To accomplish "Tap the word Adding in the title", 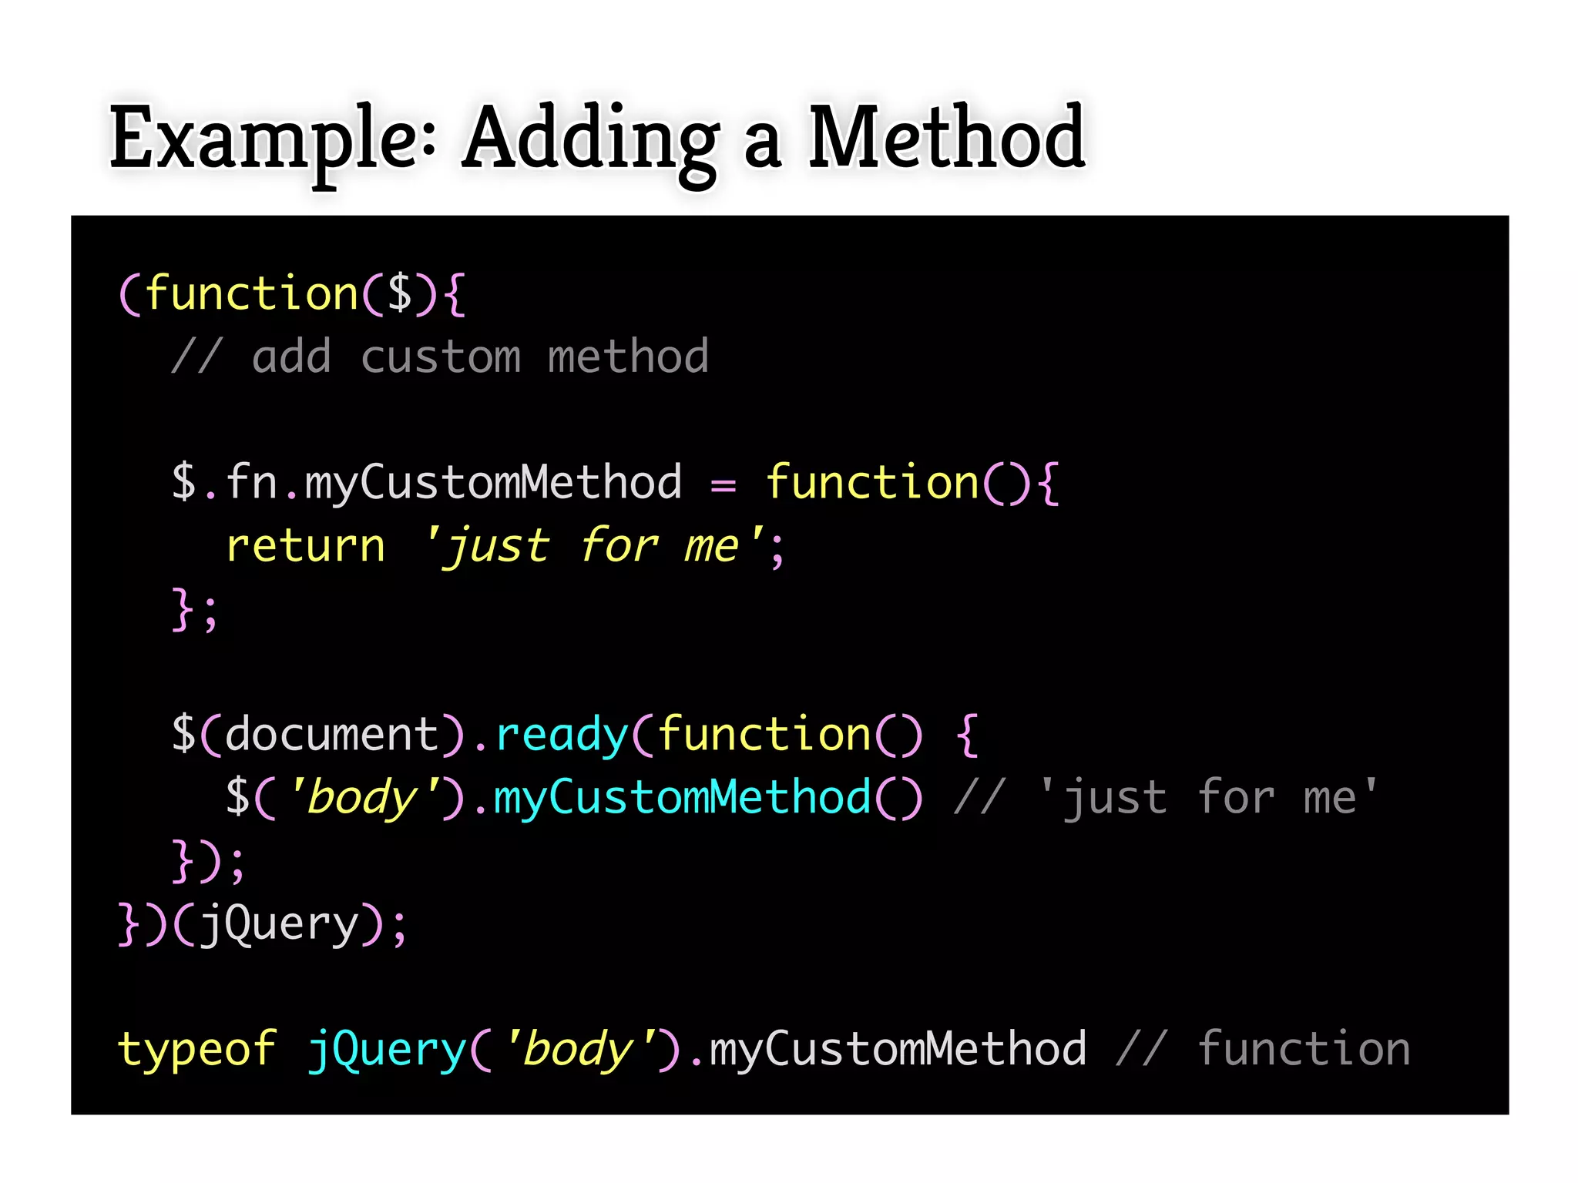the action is pyautogui.click(x=591, y=139).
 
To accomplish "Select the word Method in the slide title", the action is pyautogui.click(x=946, y=139).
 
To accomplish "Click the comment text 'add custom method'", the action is pyautogui.click(x=479, y=357).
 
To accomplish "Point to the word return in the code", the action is pyautogui.click(x=305, y=546).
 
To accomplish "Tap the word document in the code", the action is pyautogui.click(x=332, y=733).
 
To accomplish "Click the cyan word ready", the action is pyautogui.click(x=562, y=735).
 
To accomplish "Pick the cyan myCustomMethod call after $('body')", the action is pyautogui.click(x=682, y=797).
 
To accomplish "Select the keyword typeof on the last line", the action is pyautogui.click(x=196, y=1049).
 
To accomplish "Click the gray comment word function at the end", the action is pyautogui.click(x=1304, y=1049).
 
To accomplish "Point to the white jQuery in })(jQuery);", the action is pyautogui.click(x=279, y=924).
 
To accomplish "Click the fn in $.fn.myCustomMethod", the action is pyautogui.click(x=251, y=483).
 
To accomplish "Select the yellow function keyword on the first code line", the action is pyautogui.click(x=251, y=293).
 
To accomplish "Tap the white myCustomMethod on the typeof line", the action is pyautogui.click(x=898, y=1049).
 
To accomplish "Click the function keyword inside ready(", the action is pyautogui.click(x=764, y=733).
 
